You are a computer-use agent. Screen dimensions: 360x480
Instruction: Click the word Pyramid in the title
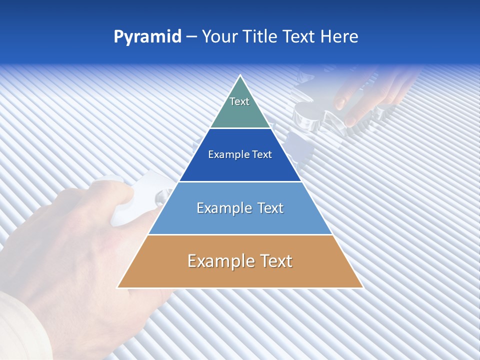pyautogui.click(x=147, y=37)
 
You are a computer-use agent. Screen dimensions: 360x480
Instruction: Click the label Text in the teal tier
pyautogui.click(x=239, y=101)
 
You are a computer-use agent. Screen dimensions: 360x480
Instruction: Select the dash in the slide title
pyautogui.click(x=191, y=37)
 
